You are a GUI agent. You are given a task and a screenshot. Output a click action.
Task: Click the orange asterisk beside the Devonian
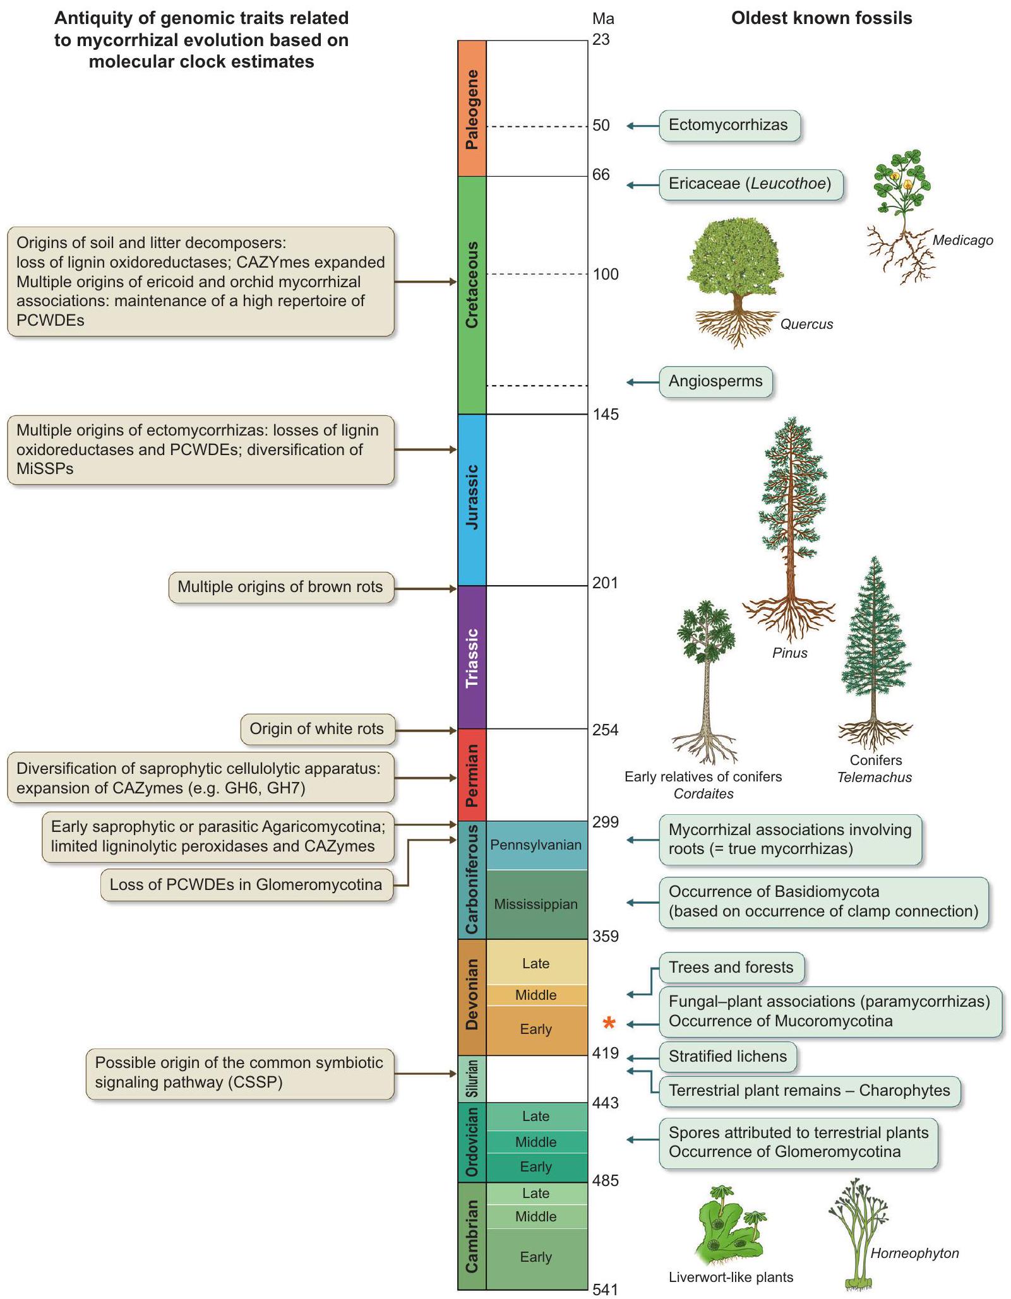tap(609, 1023)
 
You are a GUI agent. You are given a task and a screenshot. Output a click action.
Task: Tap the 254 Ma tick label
tap(605, 730)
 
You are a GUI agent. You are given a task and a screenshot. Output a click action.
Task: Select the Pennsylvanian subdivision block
tap(535, 845)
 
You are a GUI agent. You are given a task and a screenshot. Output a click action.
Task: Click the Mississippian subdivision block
tap(535, 904)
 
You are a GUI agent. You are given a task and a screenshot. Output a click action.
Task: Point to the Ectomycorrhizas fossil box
tap(729, 125)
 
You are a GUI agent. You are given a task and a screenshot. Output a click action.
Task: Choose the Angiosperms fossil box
tap(715, 381)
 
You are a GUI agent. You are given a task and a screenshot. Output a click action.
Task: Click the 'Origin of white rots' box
tap(317, 729)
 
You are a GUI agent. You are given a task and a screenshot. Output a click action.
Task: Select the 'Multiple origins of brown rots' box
tap(280, 587)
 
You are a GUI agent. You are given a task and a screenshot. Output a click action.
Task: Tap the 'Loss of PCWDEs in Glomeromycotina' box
tap(246, 884)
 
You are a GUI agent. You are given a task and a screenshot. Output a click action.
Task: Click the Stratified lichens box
tap(727, 1057)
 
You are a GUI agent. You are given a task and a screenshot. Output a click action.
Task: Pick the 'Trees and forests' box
tap(731, 968)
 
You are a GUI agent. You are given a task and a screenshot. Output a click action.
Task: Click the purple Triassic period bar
tap(472, 657)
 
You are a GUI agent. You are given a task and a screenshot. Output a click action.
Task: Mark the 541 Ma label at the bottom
tap(605, 1290)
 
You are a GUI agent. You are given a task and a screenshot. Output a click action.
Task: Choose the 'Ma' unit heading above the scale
tap(603, 19)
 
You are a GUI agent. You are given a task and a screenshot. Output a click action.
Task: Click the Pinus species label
tap(789, 653)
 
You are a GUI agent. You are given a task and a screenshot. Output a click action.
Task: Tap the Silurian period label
tap(472, 1079)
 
